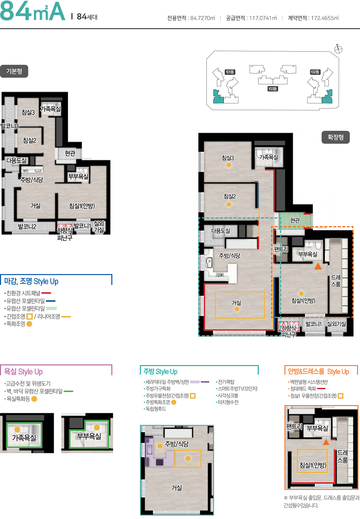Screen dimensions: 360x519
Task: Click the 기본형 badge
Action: [14, 71]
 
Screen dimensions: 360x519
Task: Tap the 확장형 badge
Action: [335, 137]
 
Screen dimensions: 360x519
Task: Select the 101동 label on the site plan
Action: [230, 72]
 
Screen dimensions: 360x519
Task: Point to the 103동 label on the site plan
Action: [272, 89]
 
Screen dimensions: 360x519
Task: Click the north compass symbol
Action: [338, 49]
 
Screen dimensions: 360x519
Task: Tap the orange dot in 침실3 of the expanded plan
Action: [229, 165]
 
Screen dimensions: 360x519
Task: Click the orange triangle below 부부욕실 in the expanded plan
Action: [318, 266]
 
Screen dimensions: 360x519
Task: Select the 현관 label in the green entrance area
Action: [295, 220]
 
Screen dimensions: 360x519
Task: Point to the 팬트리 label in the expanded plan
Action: [281, 249]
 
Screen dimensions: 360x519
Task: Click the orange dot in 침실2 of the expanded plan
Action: [229, 204]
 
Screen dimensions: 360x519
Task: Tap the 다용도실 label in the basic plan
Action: [16, 160]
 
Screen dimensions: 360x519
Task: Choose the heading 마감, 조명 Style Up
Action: [31, 281]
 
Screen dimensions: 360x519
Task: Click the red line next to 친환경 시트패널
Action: [46, 293]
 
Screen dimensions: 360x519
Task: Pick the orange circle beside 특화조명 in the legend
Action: [29, 324]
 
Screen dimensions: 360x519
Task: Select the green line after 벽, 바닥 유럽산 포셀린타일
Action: [68, 391]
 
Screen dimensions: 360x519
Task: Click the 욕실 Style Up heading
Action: [23, 372]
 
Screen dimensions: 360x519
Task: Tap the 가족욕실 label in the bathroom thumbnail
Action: [24, 438]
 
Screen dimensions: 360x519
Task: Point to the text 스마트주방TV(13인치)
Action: [238, 389]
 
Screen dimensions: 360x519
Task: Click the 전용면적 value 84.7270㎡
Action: [203, 18]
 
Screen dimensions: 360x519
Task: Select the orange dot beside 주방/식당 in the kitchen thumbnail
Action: [160, 446]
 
